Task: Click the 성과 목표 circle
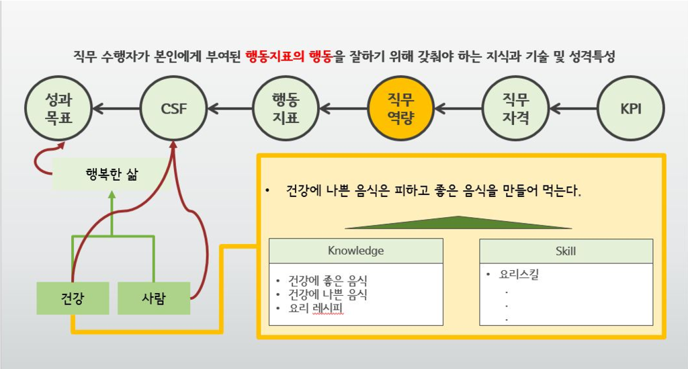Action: [58, 108]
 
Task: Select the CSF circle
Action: [173, 108]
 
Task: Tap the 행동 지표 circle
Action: [285, 108]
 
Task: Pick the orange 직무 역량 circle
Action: [400, 108]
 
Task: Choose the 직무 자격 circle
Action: [515, 108]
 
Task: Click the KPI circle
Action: [631, 108]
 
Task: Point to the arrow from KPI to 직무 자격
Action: [572, 108]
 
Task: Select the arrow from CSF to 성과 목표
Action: [116, 108]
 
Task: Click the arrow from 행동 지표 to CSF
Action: [229, 108]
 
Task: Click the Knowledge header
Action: [355, 251]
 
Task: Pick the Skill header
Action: [566, 251]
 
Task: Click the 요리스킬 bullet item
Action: [518, 274]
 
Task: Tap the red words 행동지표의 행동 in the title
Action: [288, 56]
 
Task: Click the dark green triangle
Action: [458, 222]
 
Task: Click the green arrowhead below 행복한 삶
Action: [112, 196]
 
